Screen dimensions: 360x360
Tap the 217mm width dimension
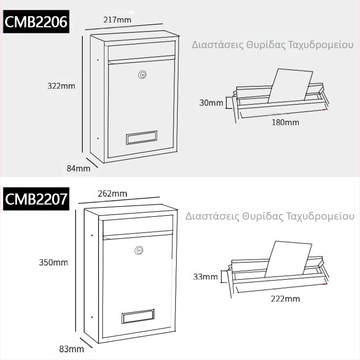[x=117, y=20]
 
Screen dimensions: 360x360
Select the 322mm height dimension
[x=61, y=85]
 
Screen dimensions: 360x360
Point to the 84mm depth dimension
[x=78, y=168]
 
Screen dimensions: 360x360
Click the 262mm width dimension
[x=112, y=194]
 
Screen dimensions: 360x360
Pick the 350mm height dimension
[x=53, y=262]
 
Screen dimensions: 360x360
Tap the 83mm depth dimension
[x=71, y=349]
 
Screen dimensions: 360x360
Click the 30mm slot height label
[x=211, y=103]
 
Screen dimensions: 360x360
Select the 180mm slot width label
[x=285, y=122]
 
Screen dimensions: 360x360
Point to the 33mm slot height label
[x=205, y=276]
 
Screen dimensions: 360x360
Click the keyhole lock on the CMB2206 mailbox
[x=142, y=74]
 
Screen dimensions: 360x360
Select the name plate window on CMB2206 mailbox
[x=142, y=137]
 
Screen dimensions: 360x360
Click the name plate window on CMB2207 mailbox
[x=138, y=316]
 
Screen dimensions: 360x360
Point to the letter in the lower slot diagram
[x=288, y=259]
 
